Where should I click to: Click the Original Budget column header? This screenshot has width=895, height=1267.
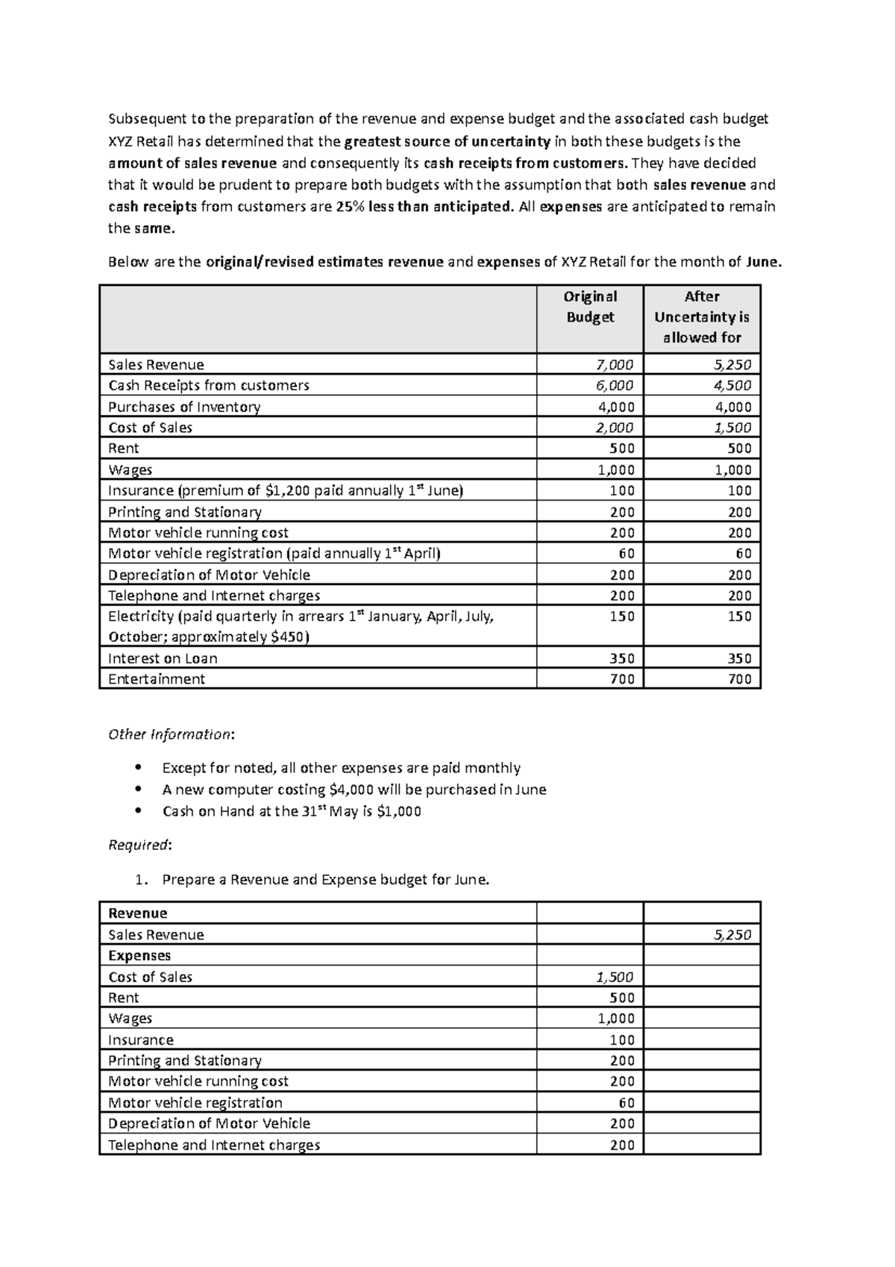pyautogui.click(x=590, y=307)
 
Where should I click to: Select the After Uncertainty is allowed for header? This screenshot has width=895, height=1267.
pyautogui.click(x=701, y=317)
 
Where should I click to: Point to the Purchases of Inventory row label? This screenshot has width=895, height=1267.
pyautogui.click(x=184, y=407)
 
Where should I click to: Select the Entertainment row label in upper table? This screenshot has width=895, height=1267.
pyautogui.click(x=157, y=679)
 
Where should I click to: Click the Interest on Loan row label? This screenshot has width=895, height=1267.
pyautogui.click(x=163, y=658)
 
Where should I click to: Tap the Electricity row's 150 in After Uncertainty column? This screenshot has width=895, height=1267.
pyautogui.click(x=739, y=616)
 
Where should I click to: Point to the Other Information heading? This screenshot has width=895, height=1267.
pyautogui.click(x=171, y=734)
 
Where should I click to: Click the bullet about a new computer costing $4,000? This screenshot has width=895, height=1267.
pyautogui.click(x=354, y=789)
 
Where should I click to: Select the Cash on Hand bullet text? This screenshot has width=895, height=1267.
pyautogui.click(x=292, y=811)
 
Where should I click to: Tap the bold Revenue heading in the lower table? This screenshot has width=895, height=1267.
pyautogui.click(x=138, y=913)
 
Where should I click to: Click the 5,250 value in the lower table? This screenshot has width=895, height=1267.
pyautogui.click(x=732, y=935)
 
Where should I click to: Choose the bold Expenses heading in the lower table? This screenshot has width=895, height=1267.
pyautogui.click(x=139, y=956)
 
